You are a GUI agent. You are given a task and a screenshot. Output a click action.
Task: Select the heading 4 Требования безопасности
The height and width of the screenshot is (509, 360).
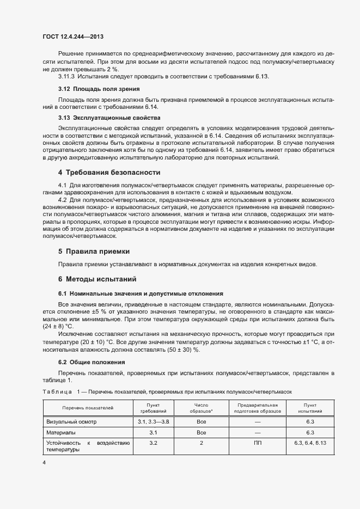(109, 172)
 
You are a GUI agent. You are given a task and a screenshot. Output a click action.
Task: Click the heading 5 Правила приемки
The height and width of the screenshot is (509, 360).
(94, 252)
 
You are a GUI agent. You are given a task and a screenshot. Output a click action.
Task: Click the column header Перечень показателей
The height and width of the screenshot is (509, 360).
(88, 408)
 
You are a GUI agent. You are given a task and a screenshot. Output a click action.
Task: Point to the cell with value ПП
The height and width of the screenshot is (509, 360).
(258, 443)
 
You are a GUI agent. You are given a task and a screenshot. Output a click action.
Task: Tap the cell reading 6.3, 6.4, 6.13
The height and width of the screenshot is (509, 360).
(310, 443)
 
